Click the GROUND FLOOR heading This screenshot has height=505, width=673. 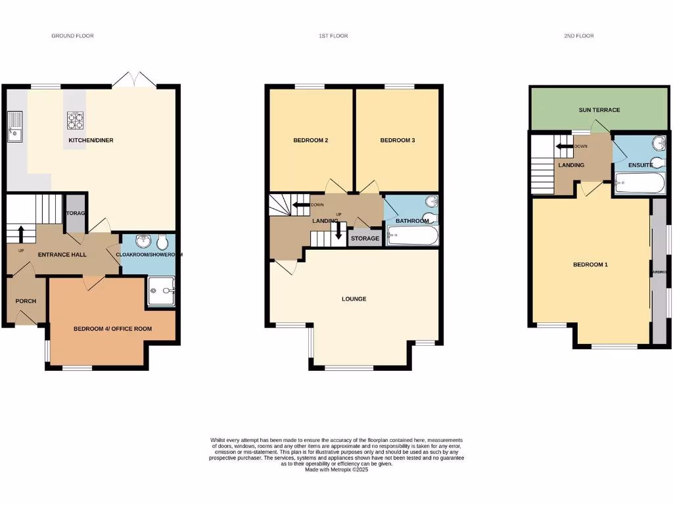72,36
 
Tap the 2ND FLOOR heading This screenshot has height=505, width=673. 578,36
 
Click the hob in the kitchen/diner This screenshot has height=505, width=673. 76,120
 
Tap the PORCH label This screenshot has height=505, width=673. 26,301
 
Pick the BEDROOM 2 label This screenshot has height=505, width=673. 311,140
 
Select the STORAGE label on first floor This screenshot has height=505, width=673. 365,238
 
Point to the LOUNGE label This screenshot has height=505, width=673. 354,299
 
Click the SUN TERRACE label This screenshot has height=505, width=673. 599,110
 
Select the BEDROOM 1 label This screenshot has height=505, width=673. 590,264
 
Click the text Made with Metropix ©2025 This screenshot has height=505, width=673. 336,469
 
